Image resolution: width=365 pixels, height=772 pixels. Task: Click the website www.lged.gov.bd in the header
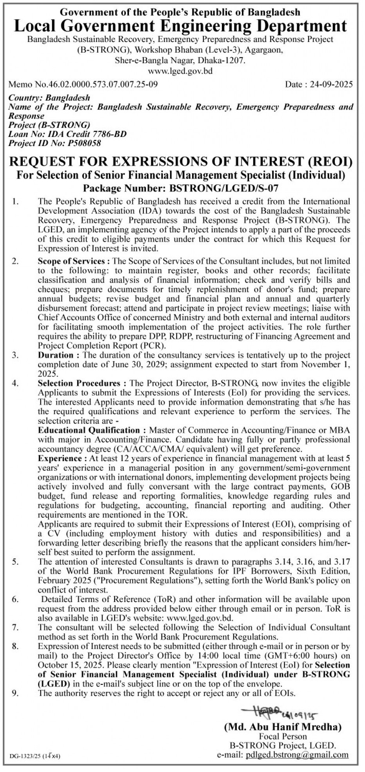click(180, 71)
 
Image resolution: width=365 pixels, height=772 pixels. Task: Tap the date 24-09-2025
click(329, 84)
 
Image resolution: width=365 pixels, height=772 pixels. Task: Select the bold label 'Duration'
click(56, 355)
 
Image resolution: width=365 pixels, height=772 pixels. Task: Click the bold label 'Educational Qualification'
click(89, 430)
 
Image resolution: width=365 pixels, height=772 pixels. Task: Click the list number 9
click(15, 693)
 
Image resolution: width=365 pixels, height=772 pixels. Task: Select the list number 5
click(15, 562)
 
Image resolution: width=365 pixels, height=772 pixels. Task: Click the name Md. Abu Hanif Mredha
click(283, 727)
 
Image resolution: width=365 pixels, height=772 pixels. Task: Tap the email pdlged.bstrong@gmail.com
click(298, 755)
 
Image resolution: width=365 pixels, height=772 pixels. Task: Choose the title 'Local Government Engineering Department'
click(180, 26)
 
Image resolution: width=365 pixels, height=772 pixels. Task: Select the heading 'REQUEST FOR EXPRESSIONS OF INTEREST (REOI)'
click(180, 161)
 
